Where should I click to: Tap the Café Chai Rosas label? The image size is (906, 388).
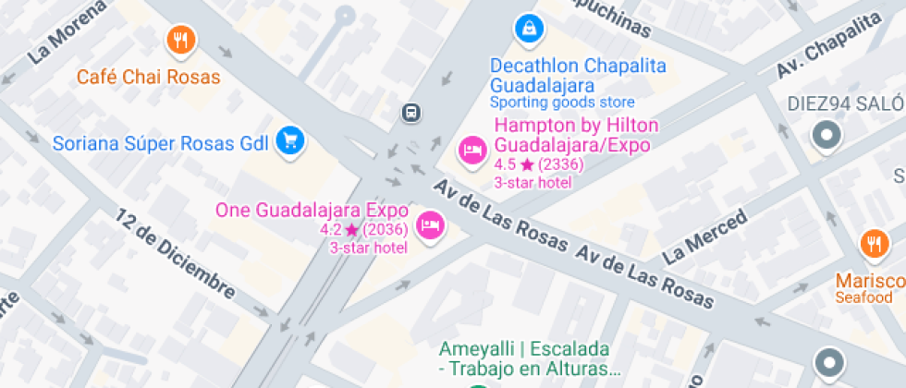tap(148, 77)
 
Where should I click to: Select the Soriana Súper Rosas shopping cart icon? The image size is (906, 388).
tap(291, 140)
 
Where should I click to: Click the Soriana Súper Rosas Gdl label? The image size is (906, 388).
tap(160, 143)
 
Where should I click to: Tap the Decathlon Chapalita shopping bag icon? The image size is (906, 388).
tap(528, 28)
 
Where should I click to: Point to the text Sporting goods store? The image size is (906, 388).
tap(562, 103)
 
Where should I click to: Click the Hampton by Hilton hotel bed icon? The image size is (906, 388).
tap(472, 150)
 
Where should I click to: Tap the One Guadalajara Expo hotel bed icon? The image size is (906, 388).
tap(429, 224)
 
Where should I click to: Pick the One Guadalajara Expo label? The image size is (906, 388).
tap(312, 210)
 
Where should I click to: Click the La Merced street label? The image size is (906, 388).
tap(705, 236)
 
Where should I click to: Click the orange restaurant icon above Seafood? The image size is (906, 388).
tap(873, 245)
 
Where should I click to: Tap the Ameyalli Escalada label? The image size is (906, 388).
tap(524, 359)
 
